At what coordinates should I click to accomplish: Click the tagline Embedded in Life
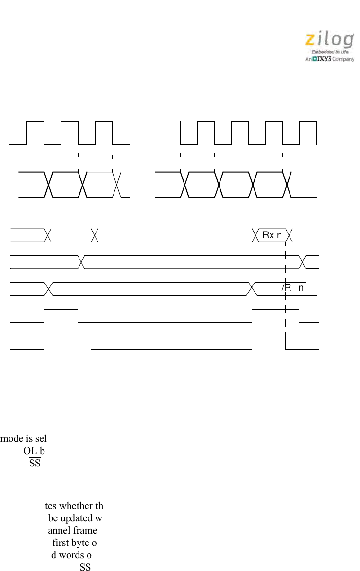point(330,52)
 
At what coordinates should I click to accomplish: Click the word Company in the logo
point(343,59)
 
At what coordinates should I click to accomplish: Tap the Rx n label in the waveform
point(272,235)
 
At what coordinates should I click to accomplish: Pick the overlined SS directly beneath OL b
point(35,463)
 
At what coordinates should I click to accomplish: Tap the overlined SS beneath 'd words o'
point(85,567)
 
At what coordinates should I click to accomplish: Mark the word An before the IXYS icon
point(307,59)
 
